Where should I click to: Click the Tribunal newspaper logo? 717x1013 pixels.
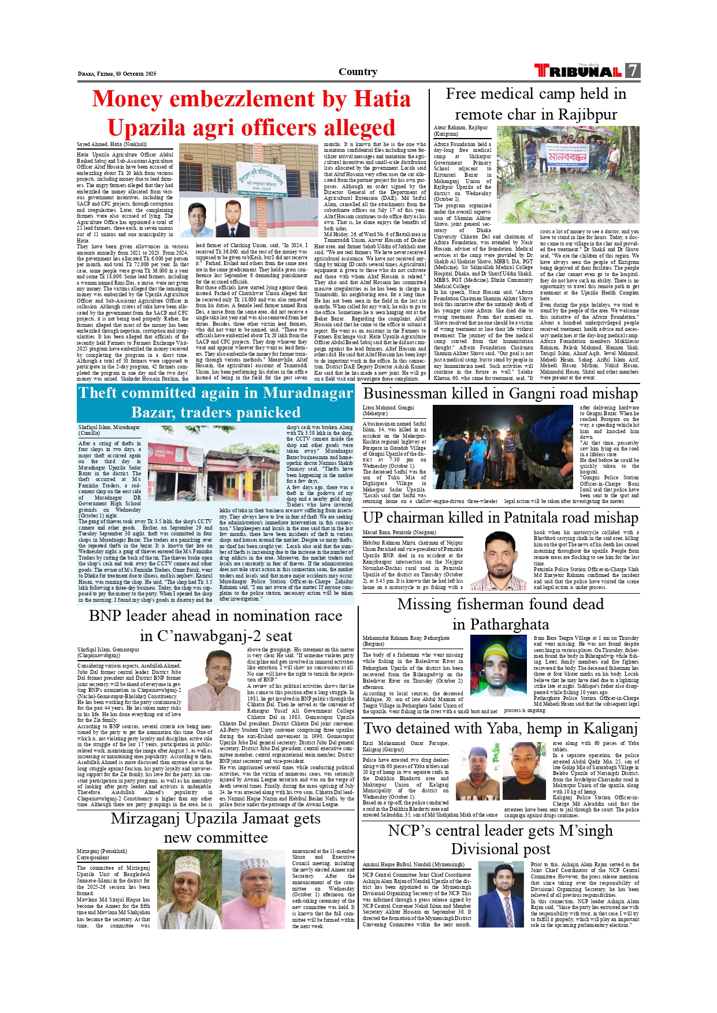[x=578, y=71]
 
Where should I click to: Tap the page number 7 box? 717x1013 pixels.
[x=633, y=70]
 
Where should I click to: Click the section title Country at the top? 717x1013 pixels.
[x=358, y=72]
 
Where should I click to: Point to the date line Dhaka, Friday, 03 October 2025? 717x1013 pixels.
[x=117, y=74]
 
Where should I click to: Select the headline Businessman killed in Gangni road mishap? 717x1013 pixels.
[x=500, y=394]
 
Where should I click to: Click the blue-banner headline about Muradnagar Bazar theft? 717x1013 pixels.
[x=216, y=403]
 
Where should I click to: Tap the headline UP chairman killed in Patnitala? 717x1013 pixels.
[x=500, y=517]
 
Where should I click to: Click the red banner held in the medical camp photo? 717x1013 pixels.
[x=567, y=157]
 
